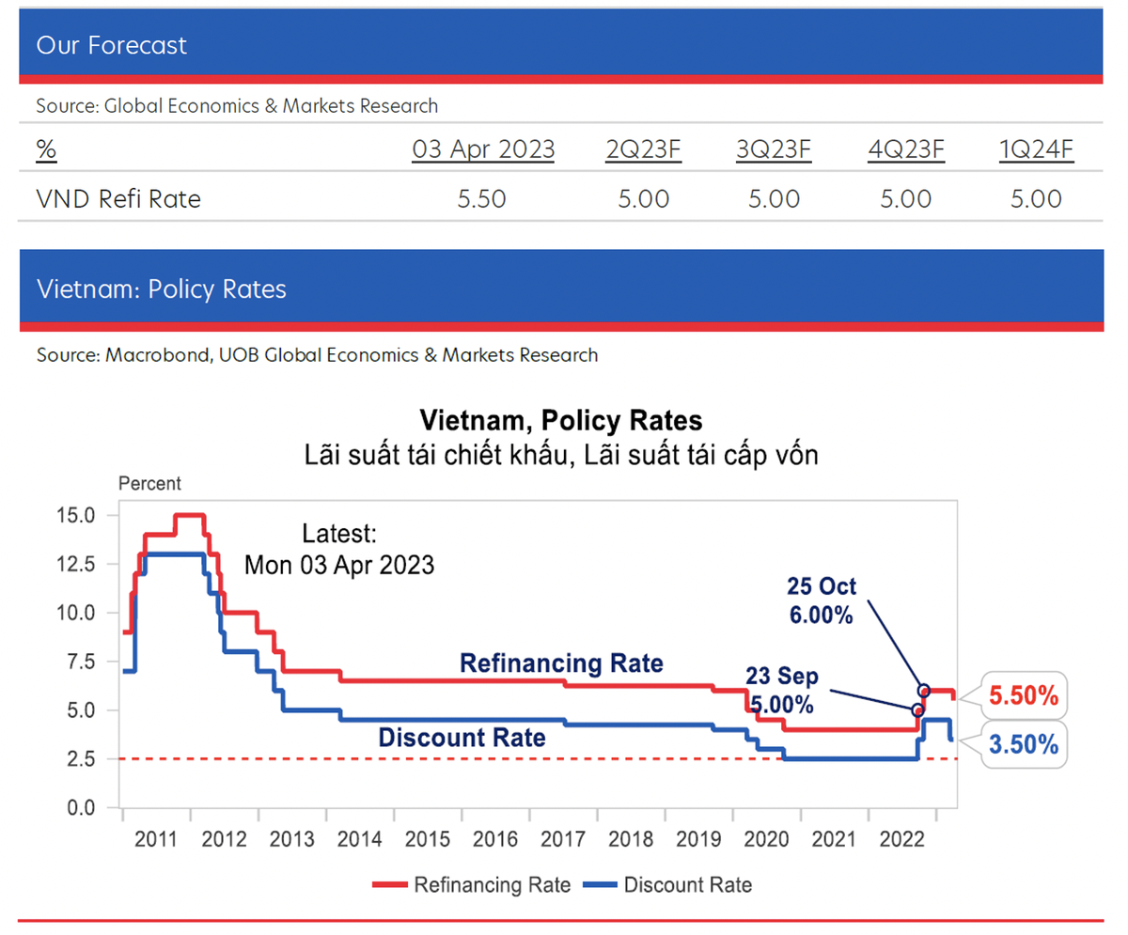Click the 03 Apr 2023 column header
coord(483,149)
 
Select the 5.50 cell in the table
coord(483,199)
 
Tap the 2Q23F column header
coord(643,149)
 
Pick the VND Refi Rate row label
coord(118,199)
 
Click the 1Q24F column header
coord(1036,149)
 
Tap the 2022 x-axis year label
coord(901,837)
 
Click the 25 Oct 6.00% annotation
coord(821,601)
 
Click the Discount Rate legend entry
coord(667,884)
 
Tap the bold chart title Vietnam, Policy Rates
coord(561,417)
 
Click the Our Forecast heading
coord(112,45)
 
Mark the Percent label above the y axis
coord(149,484)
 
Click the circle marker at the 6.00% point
coord(924,690)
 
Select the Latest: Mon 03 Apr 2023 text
coord(339,550)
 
